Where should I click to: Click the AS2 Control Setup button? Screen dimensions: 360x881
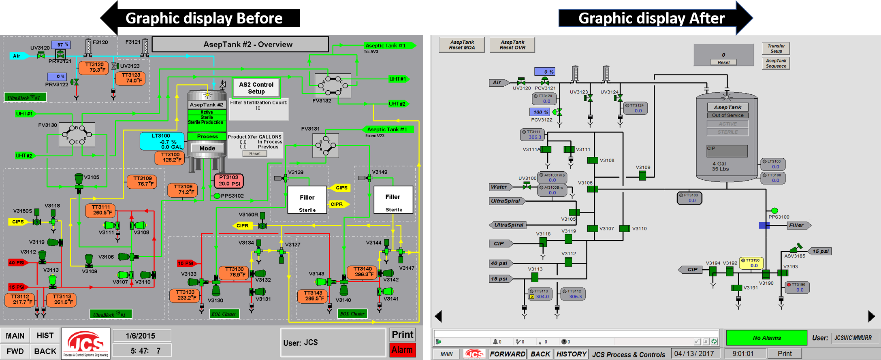click(256, 88)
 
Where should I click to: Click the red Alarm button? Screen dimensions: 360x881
click(402, 350)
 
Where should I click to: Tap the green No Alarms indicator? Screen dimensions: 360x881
click(766, 338)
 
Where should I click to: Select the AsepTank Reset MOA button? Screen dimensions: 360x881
click(461, 45)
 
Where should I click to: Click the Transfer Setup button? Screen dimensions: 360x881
click(776, 49)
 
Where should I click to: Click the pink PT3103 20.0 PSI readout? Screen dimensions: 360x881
click(229, 181)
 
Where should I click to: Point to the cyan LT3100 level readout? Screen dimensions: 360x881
click(162, 141)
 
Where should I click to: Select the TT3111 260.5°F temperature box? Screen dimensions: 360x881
click(101, 210)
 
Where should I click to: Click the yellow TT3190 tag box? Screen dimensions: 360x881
click(752, 263)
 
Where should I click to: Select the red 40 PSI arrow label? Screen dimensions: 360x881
click(18, 262)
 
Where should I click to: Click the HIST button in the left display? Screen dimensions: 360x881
click(45, 336)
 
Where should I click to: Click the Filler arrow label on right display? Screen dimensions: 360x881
click(798, 226)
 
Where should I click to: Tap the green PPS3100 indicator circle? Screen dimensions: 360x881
click(774, 211)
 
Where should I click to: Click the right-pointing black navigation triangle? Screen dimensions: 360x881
click(871, 316)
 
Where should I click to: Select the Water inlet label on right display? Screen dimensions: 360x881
click(500, 187)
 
